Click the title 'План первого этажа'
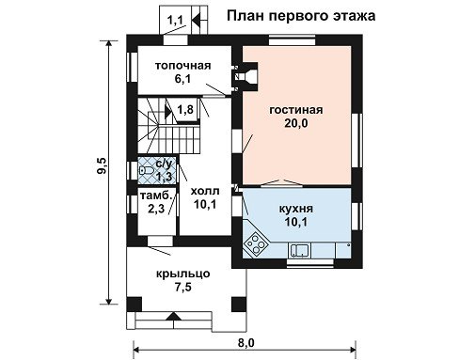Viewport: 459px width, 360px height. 301,16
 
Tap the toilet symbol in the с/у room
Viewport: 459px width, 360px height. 146,170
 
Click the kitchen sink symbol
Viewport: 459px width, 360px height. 299,250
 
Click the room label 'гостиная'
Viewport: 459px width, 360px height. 296,110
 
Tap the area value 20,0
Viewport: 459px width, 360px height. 296,123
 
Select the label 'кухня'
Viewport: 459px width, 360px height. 296,209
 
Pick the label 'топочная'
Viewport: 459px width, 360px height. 183,66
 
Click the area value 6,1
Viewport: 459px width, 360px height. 182,79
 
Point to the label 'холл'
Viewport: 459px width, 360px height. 205,191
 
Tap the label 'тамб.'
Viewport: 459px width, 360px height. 156,196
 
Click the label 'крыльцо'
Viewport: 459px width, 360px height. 183,274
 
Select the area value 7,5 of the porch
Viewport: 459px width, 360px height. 183,287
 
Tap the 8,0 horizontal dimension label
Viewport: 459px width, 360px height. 246,343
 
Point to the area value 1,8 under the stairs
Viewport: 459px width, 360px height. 185,110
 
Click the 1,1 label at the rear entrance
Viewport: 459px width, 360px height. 175,21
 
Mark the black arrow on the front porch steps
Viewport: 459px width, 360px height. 173,316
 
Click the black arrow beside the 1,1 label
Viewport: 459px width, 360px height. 196,21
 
